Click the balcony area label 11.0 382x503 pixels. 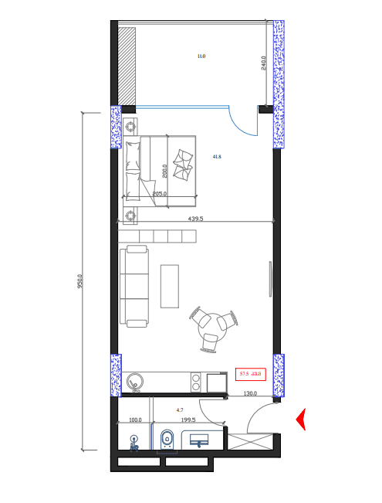coord(201,56)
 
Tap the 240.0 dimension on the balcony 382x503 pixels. coord(264,64)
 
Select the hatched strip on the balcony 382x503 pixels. coord(127,66)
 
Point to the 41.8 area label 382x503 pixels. coord(217,157)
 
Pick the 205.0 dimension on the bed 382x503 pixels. coord(160,194)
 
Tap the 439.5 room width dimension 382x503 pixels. coord(196,219)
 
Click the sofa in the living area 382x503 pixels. coord(134,286)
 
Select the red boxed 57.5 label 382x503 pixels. coord(251,374)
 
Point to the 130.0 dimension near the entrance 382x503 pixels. coord(251,394)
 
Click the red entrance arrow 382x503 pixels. coord(302,419)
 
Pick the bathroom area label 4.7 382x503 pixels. coord(179,410)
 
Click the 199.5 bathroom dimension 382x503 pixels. coord(188,420)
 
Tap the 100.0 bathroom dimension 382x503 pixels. coord(135,420)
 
